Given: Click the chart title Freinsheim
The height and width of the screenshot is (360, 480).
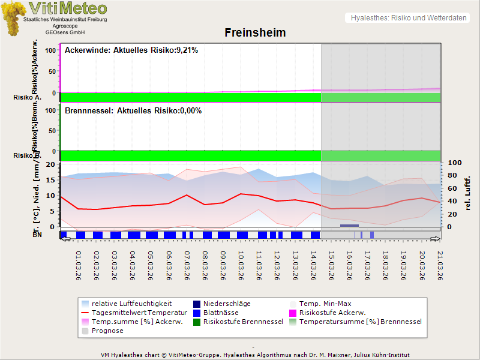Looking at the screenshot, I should click(x=255, y=32).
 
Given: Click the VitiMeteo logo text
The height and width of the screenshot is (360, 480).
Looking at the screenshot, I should click(x=68, y=8).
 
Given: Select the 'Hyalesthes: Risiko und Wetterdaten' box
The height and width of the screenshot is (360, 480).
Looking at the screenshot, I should click(x=408, y=18).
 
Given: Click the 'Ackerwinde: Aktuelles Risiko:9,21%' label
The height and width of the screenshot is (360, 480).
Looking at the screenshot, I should click(x=131, y=50).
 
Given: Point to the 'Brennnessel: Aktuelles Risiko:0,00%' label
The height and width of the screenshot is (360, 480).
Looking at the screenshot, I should click(x=133, y=111).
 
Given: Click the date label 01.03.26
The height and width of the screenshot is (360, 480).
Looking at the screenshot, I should click(x=79, y=266).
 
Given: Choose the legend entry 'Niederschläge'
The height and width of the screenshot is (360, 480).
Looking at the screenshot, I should click(x=227, y=304).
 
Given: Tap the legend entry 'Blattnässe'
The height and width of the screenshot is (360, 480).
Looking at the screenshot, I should click(x=221, y=313).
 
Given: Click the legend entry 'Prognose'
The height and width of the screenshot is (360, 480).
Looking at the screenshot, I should click(x=107, y=331).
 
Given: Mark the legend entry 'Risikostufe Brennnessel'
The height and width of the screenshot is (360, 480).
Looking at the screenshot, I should click(x=243, y=322).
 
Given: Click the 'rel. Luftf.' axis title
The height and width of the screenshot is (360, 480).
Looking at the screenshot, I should click(x=467, y=193).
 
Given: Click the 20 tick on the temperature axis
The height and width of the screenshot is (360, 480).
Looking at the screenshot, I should click(x=51, y=164).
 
